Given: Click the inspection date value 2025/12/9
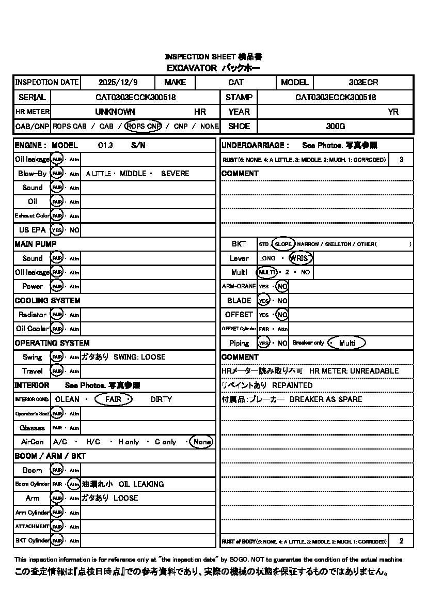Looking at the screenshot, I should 116,82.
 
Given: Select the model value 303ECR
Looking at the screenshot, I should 363,82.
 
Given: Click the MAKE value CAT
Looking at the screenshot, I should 236,82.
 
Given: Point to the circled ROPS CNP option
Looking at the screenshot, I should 144,126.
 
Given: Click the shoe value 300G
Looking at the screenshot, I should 336,126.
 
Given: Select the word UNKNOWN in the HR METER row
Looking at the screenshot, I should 115,112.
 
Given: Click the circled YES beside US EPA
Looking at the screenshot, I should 57,230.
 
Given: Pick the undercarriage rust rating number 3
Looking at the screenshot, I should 402,160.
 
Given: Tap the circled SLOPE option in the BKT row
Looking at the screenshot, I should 283,244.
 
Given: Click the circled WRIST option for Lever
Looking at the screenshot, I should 301,258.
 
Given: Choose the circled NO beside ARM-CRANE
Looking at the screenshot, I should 282,286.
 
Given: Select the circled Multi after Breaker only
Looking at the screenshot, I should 347,343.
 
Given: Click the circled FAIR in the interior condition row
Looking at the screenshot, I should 114,399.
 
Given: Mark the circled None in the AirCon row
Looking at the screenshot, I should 201,442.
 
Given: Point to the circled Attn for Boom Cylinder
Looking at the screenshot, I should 74,484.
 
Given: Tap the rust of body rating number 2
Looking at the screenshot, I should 402,541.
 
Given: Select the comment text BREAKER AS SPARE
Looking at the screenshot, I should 326,399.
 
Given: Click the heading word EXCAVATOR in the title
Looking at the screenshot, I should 191,68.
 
